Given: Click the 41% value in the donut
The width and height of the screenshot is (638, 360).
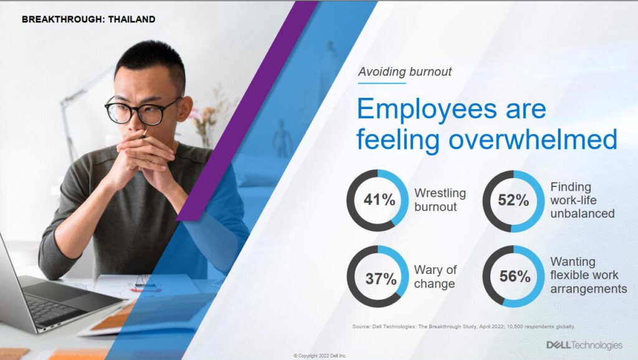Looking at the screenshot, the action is pos(379,200).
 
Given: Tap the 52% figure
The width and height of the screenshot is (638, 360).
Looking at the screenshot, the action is pos(513,200).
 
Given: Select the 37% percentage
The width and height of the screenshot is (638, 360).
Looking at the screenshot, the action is pos(381,278).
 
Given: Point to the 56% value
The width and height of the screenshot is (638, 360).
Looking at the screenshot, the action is pos(515,277).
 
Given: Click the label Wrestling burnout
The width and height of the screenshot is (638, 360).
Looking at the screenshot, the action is pos(440,200).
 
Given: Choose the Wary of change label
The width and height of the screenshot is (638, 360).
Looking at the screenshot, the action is pos(435,277).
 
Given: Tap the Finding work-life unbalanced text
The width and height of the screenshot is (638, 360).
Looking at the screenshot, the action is pos(583,200).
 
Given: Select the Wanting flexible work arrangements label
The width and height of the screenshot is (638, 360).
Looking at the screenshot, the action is pos(588,275).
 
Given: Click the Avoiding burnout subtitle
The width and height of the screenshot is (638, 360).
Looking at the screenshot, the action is pos(404,72).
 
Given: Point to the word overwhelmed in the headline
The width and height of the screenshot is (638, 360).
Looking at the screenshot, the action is pos(533,139).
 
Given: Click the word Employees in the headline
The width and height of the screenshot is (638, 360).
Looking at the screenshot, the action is pos(427,110).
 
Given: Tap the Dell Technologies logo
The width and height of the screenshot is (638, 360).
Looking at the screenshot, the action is pos(584,345).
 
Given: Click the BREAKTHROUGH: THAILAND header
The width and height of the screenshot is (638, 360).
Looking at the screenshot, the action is pos(88,19).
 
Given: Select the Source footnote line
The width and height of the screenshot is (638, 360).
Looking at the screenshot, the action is pos(464,326).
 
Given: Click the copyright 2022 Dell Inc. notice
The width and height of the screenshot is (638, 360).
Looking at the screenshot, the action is pos(320,356).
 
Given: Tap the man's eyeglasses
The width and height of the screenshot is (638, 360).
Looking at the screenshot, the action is pos(143,111).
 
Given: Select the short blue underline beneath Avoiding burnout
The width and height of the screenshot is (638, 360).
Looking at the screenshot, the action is pos(382,83).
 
